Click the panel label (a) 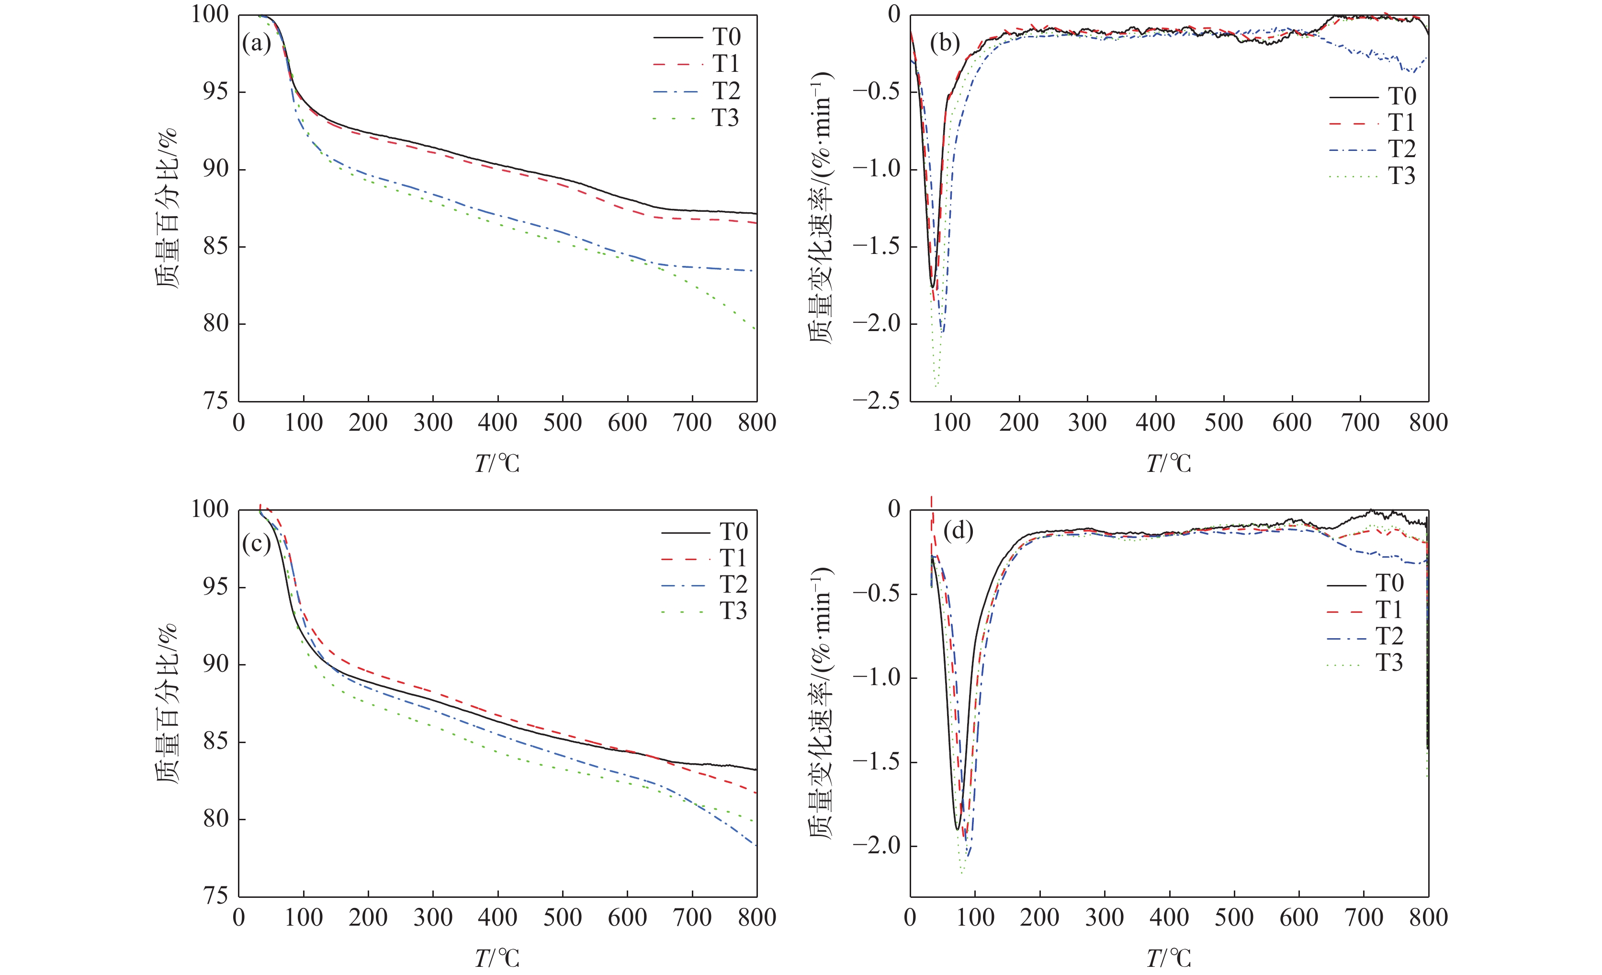pos(256,44)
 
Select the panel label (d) pos(958,531)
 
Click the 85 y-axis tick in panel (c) pos(215,742)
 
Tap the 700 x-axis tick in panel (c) pos(692,918)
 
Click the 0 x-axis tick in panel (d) pos(910,918)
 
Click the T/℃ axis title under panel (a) pos(497,463)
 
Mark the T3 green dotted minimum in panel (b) pos(936,386)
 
